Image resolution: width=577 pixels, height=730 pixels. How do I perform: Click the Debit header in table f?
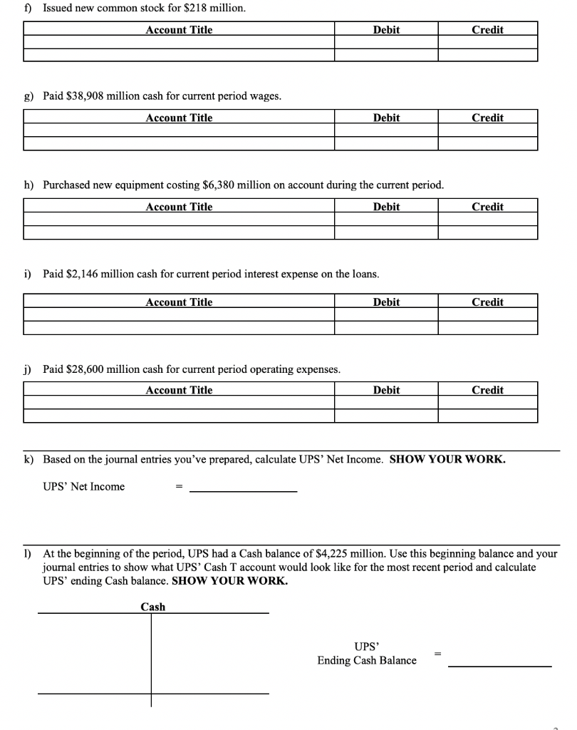click(x=386, y=30)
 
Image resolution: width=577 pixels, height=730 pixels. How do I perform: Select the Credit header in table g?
click(x=487, y=118)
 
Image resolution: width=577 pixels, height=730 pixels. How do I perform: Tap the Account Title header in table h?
click(x=179, y=207)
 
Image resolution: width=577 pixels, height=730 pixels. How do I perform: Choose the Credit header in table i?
click(x=487, y=302)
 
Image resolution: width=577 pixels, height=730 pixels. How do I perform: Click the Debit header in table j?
click(x=386, y=390)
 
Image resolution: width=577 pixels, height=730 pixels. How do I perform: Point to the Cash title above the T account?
click(x=152, y=607)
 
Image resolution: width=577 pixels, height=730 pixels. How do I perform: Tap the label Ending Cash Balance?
click(x=367, y=660)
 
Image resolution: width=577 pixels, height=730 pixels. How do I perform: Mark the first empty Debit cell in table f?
click(x=386, y=43)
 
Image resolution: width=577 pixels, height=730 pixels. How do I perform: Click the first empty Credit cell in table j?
click(x=487, y=403)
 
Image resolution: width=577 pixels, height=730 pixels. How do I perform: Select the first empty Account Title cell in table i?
click(x=179, y=315)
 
